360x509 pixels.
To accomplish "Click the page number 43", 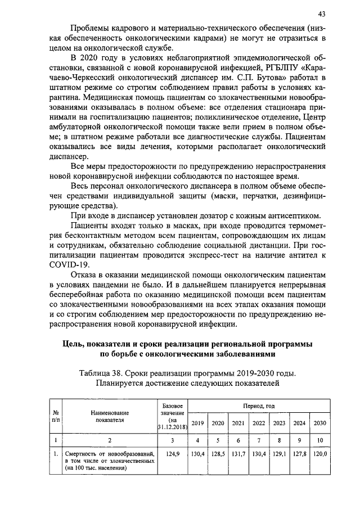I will tap(321, 13).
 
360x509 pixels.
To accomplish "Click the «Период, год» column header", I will tap(258, 406).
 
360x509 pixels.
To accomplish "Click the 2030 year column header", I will tap(319, 423).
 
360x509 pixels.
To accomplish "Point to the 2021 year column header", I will tap(238, 423).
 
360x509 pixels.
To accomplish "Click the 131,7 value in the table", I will tap(238, 453).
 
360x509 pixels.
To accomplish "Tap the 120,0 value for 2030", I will tap(319, 453).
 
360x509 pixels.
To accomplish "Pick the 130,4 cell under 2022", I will tap(259, 453).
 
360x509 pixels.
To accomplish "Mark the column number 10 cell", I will tap(319, 440).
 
